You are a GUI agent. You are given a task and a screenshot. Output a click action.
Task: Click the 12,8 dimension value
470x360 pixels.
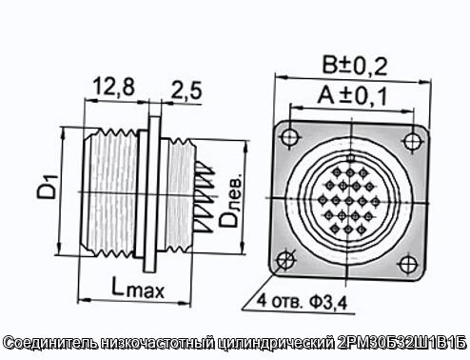(x=113, y=87)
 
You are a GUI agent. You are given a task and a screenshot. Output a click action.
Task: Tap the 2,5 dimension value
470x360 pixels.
(x=186, y=90)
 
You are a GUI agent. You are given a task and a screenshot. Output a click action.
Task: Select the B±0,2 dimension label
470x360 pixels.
(x=355, y=66)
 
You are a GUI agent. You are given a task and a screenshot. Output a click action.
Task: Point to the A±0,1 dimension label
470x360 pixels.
(x=352, y=95)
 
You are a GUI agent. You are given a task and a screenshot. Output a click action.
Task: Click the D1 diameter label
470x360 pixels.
(x=48, y=187)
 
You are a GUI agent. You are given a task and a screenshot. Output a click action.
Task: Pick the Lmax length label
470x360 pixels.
(x=138, y=288)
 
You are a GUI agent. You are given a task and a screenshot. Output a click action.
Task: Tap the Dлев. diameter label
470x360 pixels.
(x=231, y=200)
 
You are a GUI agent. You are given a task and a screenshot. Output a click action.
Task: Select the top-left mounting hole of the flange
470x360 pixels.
(x=289, y=136)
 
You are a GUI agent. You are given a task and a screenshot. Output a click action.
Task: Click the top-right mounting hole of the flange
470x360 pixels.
(x=412, y=141)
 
